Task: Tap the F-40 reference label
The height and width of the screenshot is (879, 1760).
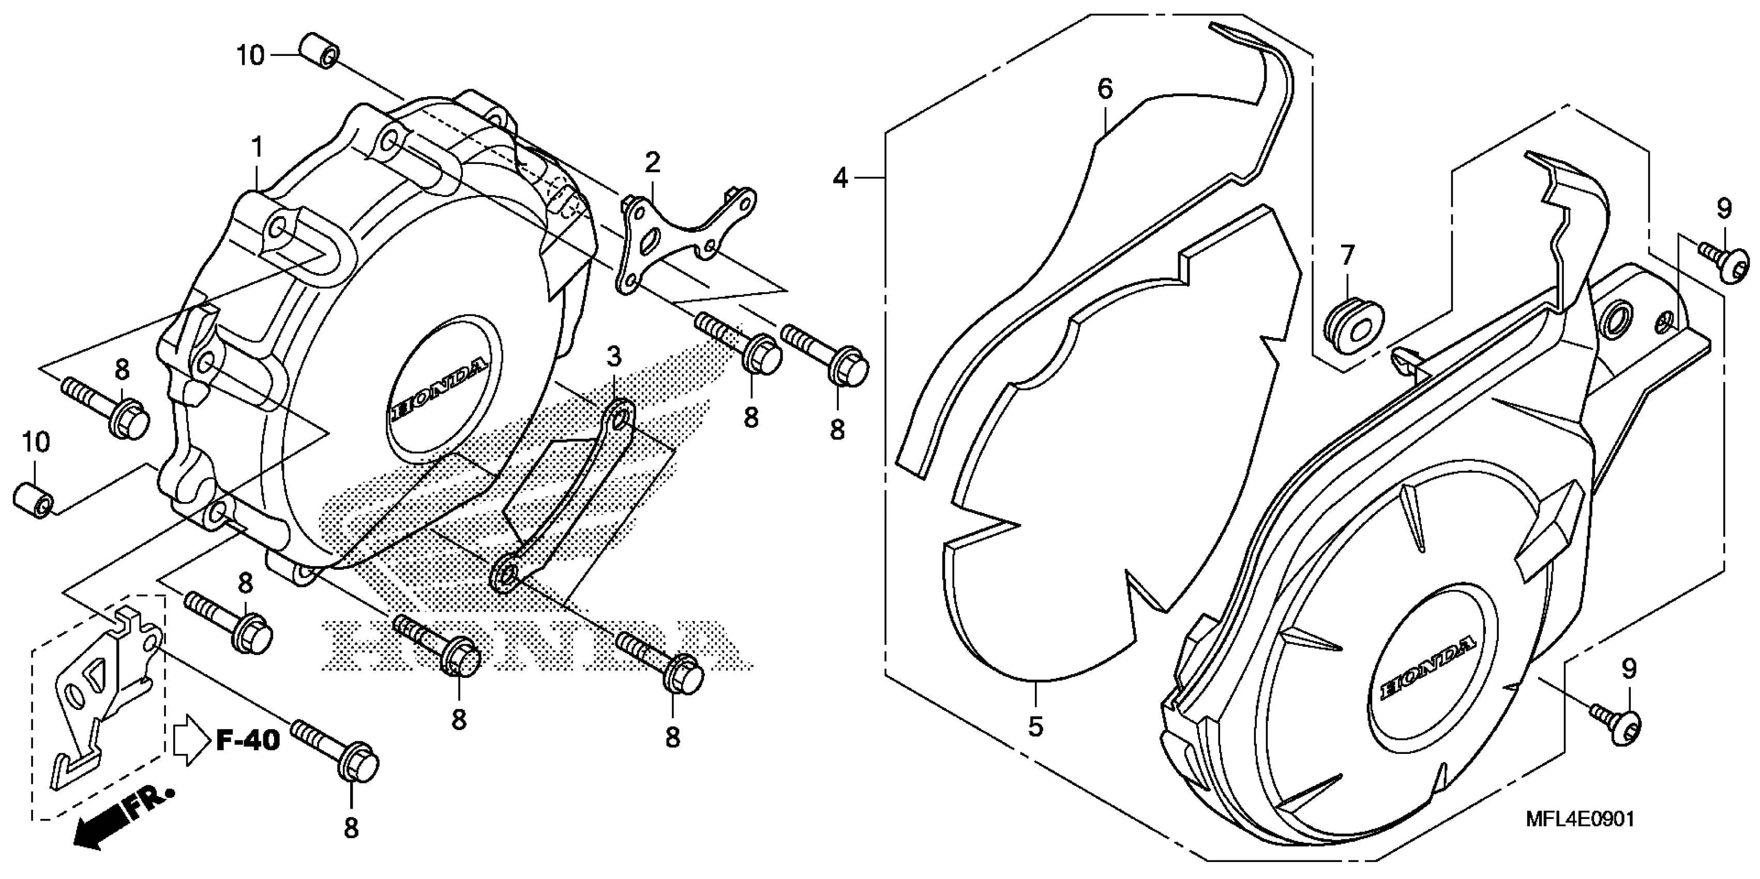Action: pos(248,740)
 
